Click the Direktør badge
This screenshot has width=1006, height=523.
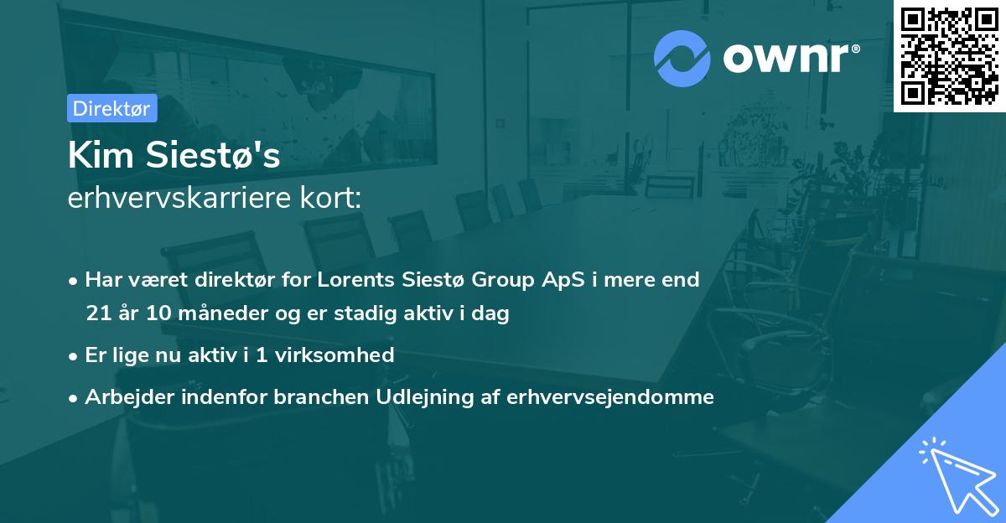pyautogui.click(x=111, y=108)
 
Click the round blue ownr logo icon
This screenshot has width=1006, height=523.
pyautogui.click(x=682, y=59)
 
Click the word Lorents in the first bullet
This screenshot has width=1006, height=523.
pyautogui.click(x=355, y=279)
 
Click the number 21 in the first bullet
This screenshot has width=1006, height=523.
pyautogui.click(x=97, y=314)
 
